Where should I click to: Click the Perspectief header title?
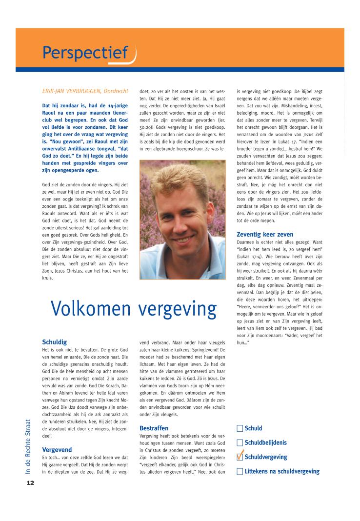[x=85, y=52]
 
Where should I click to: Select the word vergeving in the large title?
[x=177, y=309]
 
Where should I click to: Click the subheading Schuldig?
[x=55, y=342]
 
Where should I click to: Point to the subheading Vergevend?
[x=57, y=449]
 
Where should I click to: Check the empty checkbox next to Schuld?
[x=240, y=429]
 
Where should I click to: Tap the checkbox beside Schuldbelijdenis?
[x=240, y=443]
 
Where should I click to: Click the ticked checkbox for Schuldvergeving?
[x=240, y=457]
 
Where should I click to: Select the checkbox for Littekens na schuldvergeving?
[x=240, y=471]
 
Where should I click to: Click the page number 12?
[x=30, y=483]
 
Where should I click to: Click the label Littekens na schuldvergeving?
[x=282, y=471]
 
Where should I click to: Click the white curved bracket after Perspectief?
[x=133, y=55]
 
